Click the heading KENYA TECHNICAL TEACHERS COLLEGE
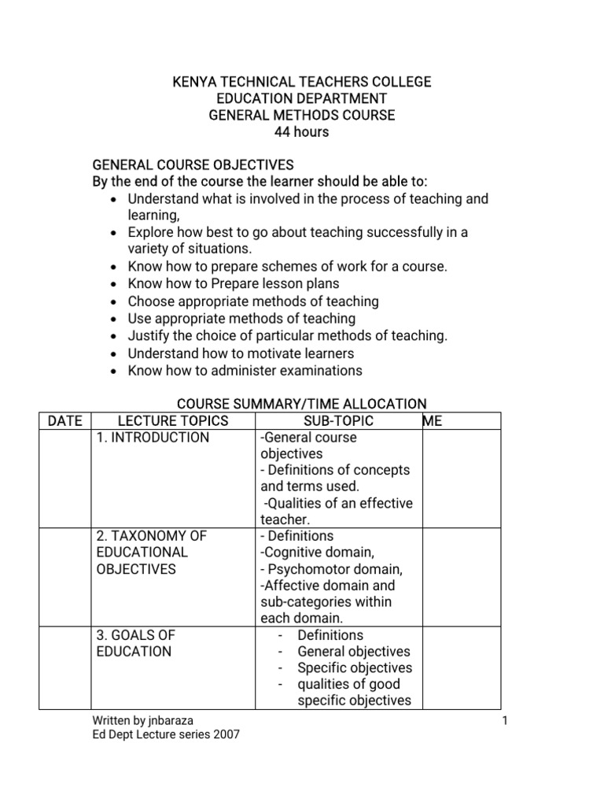[x=301, y=82]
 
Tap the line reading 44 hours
[x=301, y=132]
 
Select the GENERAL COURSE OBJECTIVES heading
[x=193, y=165]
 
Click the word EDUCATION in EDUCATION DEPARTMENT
[x=256, y=98]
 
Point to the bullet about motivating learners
[x=241, y=353]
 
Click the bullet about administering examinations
[x=245, y=371]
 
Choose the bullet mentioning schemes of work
[x=287, y=267]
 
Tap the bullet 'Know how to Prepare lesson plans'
[x=234, y=284]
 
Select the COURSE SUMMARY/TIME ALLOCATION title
[x=301, y=404]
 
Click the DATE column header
[x=65, y=421]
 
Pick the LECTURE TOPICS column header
[x=172, y=421]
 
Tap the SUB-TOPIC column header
[x=338, y=421]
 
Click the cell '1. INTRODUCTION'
[x=153, y=438]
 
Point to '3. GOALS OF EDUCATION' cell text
[x=134, y=643]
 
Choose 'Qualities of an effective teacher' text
[x=336, y=512]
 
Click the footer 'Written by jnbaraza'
[x=143, y=720]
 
